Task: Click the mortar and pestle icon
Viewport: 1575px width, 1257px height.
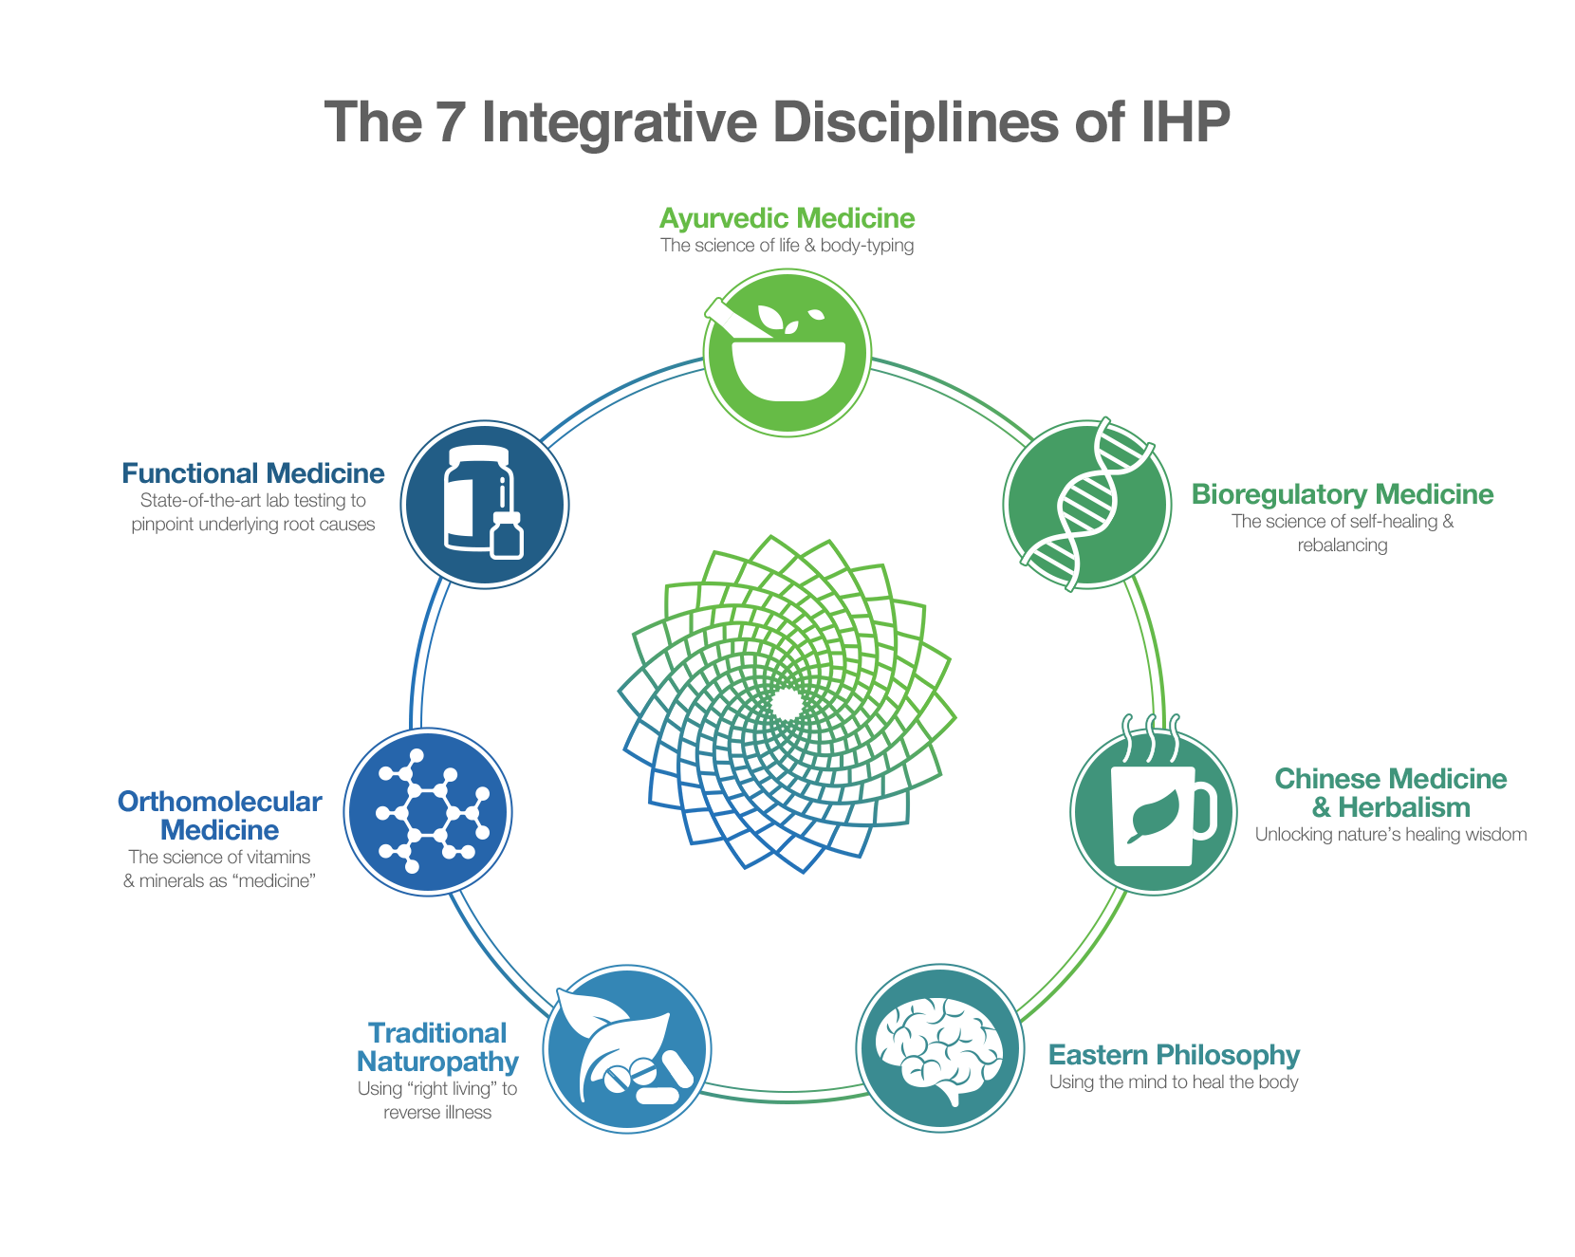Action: click(787, 353)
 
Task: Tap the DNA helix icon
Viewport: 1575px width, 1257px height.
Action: click(1087, 505)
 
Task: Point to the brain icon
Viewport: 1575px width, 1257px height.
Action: click(939, 1047)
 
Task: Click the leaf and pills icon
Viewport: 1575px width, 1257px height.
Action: click(627, 1048)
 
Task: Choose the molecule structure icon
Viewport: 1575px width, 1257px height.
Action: click(428, 812)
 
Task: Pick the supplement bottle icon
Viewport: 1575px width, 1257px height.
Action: click(484, 505)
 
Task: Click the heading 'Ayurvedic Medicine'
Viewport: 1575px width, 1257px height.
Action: click(787, 218)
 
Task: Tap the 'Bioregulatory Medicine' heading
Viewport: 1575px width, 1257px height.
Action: click(1342, 494)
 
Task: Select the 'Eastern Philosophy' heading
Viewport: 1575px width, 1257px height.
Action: click(1174, 1055)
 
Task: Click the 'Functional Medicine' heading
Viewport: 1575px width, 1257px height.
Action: click(253, 473)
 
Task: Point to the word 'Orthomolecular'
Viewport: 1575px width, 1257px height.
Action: click(219, 802)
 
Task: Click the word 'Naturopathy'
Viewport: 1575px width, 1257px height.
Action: click(437, 1061)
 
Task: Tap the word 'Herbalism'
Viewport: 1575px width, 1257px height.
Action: click(1404, 807)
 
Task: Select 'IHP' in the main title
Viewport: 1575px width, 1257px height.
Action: click(1185, 123)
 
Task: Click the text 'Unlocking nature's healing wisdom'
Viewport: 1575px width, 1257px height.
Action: click(1391, 835)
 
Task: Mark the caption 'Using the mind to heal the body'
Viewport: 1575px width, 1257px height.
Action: click(1174, 1082)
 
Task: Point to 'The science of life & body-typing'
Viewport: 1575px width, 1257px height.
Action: click(787, 246)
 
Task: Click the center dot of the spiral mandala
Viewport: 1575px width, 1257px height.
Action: click(787, 705)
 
